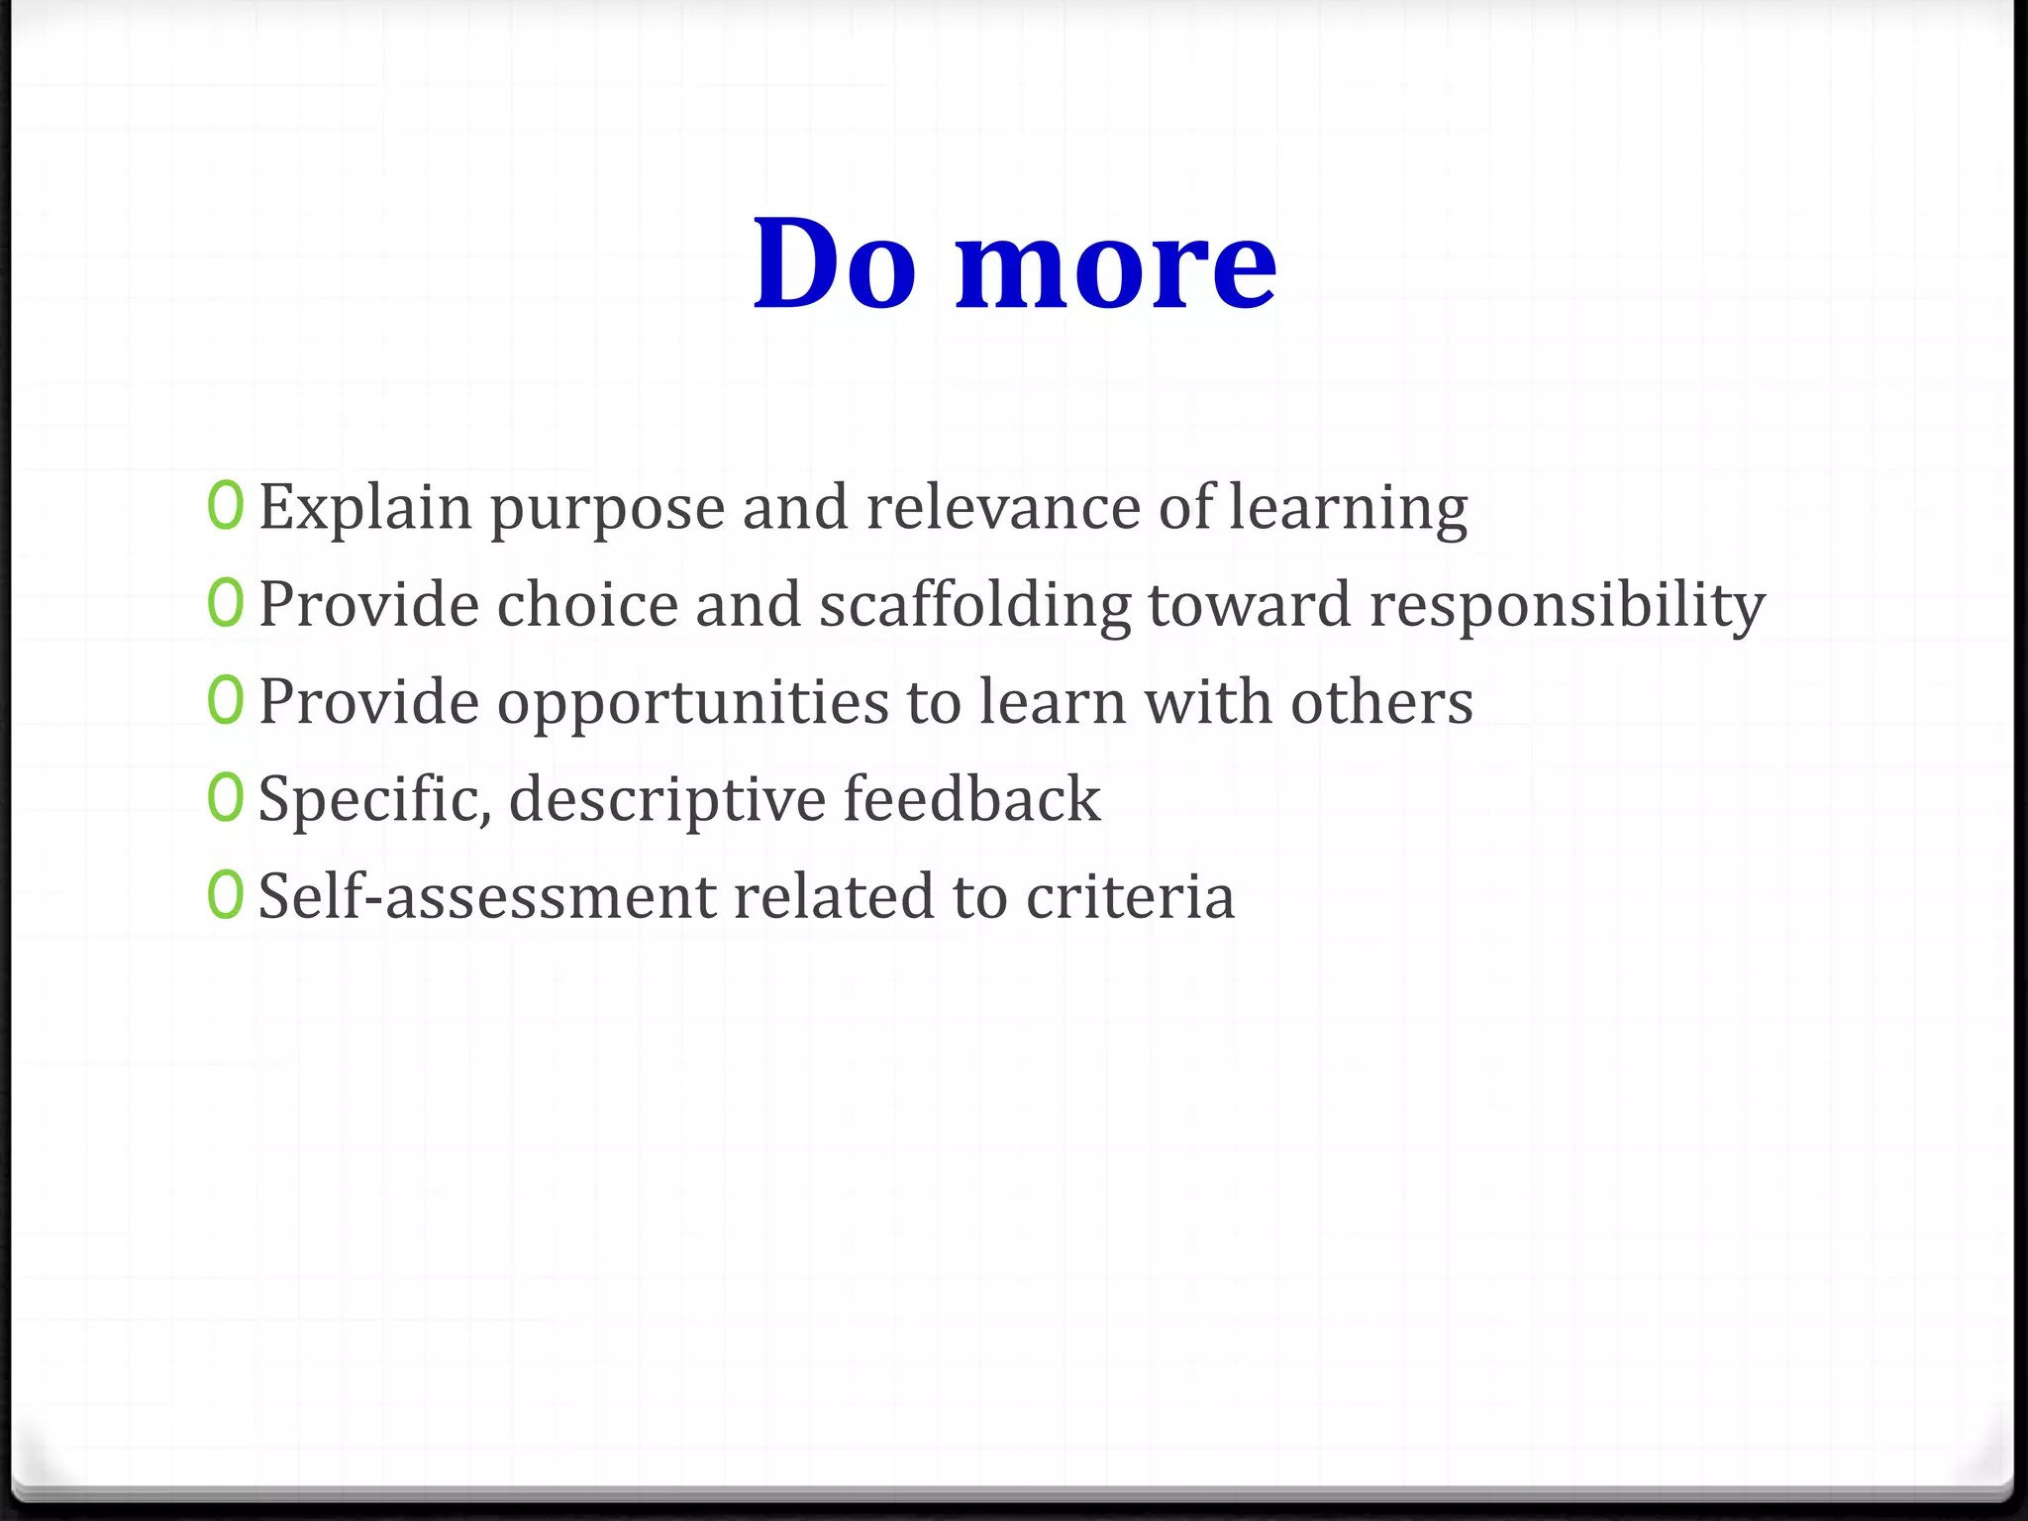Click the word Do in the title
click(834, 263)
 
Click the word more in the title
click(1116, 265)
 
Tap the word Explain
click(365, 509)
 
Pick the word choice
click(587, 604)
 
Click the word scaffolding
click(974, 606)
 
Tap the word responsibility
click(1567, 606)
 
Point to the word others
click(1381, 701)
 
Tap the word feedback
click(971, 798)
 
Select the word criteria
click(1130, 895)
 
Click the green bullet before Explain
click(225, 506)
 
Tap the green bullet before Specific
click(225, 797)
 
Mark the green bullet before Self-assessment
click(225, 894)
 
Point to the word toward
click(1250, 604)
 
